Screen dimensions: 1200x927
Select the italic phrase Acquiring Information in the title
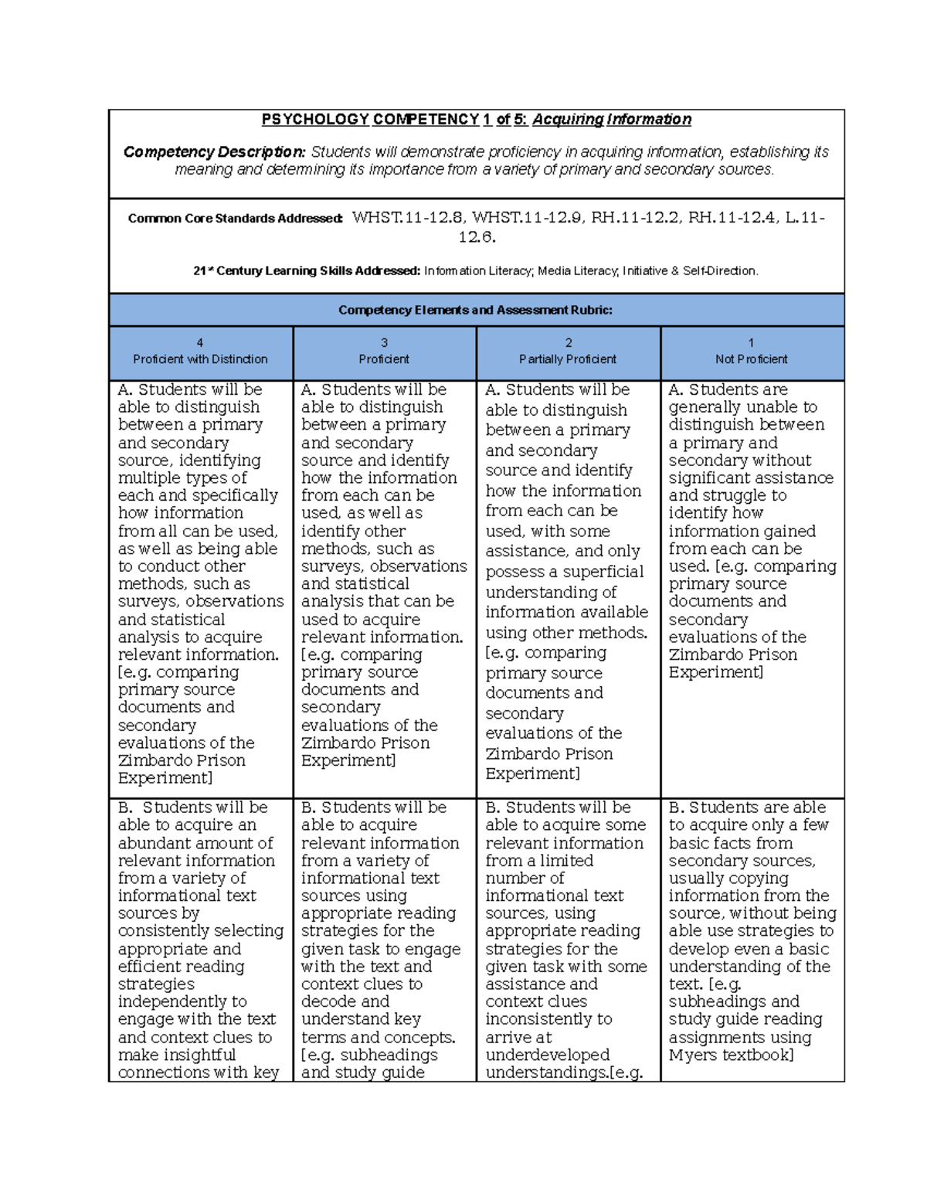point(612,120)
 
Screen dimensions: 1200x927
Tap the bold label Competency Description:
point(214,152)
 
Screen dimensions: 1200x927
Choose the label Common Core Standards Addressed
point(235,219)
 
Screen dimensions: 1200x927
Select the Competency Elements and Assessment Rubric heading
point(475,311)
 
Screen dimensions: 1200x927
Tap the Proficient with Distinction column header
point(200,359)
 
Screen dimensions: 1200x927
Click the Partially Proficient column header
point(568,359)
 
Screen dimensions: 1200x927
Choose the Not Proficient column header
point(751,359)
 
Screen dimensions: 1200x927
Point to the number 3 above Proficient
point(384,342)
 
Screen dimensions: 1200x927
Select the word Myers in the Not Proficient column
point(692,1055)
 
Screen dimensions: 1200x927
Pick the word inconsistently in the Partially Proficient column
point(548,1019)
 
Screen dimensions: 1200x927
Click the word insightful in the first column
point(193,1055)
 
